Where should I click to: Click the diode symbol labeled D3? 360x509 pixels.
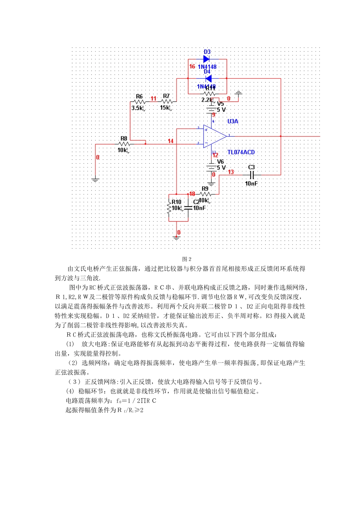[x=207, y=59]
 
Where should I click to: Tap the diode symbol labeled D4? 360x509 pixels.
[x=208, y=78]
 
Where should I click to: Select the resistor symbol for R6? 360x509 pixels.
[x=140, y=101]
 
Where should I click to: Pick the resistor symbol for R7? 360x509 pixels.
[x=167, y=101]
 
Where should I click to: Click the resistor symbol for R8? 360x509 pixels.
[x=124, y=144]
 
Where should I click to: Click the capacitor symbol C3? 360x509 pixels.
[x=252, y=175]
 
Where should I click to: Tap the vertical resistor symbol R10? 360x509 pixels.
[x=169, y=208]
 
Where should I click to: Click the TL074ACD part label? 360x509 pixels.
[x=241, y=152]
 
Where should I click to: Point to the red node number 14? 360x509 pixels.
[x=171, y=141]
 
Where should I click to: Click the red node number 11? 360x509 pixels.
[x=153, y=98]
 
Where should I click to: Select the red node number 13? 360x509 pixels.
[x=231, y=172]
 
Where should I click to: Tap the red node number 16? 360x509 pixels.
[x=192, y=67]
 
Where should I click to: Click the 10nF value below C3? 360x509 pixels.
[x=251, y=183]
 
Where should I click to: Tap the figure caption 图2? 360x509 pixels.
[x=187, y=259]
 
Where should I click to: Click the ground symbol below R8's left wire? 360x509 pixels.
[x=95, y=180]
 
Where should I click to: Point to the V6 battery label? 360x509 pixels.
[x=221, y=161]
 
